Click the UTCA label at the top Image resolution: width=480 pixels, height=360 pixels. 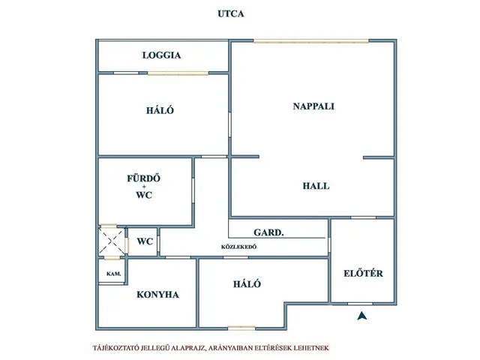point(231,13)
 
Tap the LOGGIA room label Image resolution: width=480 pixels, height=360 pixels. point(162,55)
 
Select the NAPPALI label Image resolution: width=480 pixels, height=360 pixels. point(313,106)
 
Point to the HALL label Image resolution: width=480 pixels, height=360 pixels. point(316,186)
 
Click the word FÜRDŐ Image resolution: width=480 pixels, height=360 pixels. point(143,178)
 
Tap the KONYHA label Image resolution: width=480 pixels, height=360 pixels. point(157,295)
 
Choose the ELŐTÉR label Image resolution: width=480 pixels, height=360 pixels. point(363,273)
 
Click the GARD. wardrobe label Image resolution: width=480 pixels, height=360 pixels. point(268,232)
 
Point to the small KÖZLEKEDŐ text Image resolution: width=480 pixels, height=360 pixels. point(238,247)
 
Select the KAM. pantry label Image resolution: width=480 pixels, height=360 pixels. point(113,274)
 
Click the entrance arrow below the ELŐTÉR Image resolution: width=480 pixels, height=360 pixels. point(362,316)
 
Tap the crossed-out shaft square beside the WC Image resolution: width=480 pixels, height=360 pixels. point(112,241)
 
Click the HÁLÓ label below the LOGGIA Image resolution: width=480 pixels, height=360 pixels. point(160,110)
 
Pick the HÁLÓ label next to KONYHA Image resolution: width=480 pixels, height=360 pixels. point(247,283)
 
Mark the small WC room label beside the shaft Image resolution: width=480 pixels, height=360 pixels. point(145,241)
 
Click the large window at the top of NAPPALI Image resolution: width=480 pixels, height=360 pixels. point(311,41)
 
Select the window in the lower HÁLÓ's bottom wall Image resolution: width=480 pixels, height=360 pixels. point(241,328)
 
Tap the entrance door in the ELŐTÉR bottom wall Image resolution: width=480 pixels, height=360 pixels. point(360,304)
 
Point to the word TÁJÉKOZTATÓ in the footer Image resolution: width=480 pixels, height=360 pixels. point(115,348)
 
